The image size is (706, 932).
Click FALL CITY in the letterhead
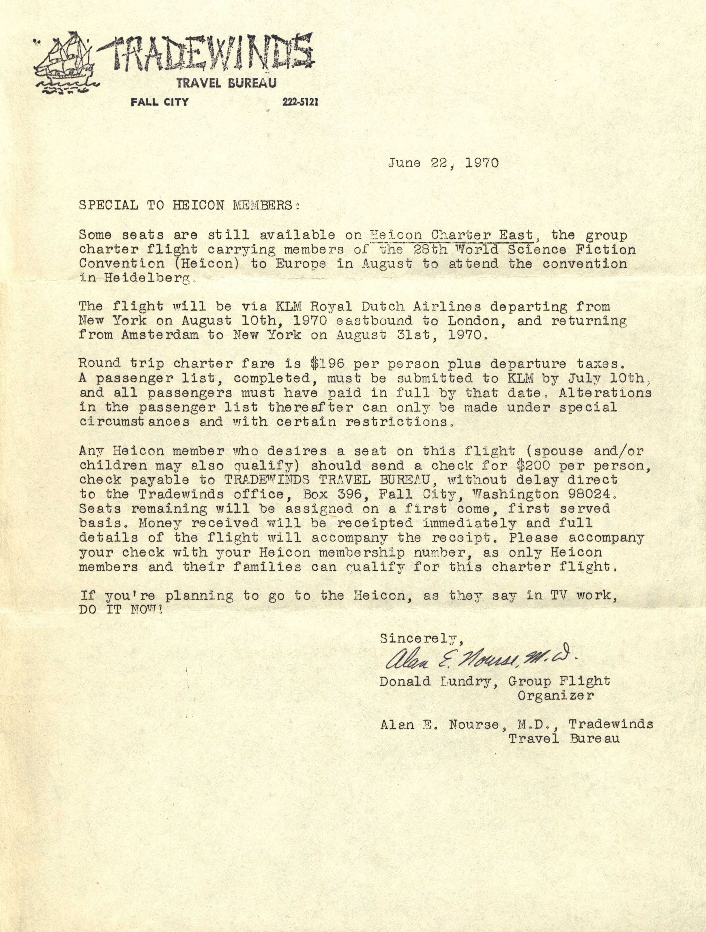(159, 102)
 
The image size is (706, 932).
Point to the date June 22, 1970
(443, 163)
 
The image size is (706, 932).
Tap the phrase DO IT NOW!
(120, 610)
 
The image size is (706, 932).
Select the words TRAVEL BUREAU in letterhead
(226, 83)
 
